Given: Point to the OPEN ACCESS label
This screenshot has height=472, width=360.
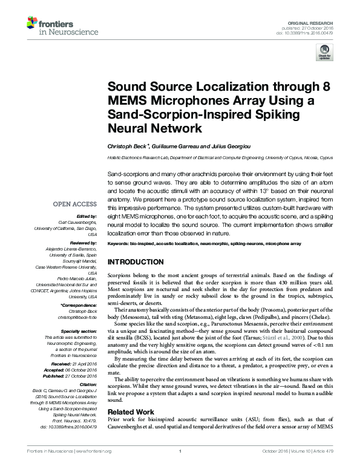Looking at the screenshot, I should click(x=74, y=205).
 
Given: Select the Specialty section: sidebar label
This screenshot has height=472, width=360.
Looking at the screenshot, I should click(x=78, y=332).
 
